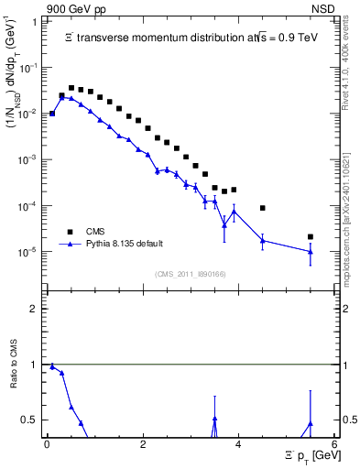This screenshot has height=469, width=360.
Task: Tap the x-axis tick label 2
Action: pyautogui.click(x=143, y=444)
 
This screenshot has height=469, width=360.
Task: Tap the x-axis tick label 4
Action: pyautogui.click(x=238, y=444)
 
